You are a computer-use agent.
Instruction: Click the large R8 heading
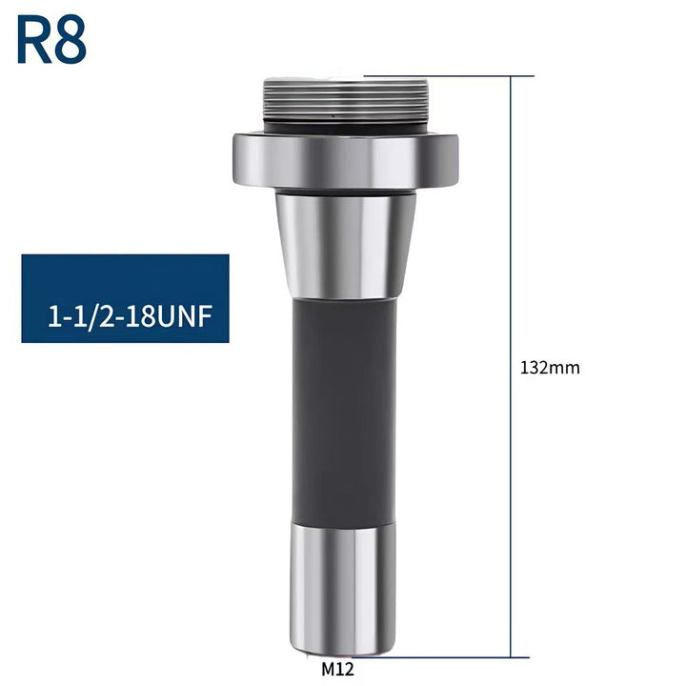[51, 40]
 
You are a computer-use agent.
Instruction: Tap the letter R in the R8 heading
[34, 40]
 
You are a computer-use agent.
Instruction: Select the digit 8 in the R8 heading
[70, 40]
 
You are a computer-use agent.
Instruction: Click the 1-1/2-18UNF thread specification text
[130, 316]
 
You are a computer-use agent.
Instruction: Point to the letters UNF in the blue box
[184, 316]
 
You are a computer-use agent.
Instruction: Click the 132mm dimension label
[550, 368]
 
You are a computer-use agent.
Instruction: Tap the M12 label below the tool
[337, 669]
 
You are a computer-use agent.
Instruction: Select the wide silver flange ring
[346, 160]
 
